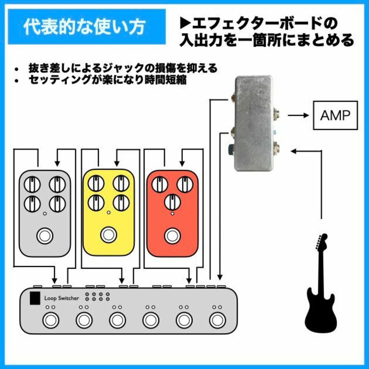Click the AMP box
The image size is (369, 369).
pos(335,115)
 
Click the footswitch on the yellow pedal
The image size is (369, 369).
pos(109,235)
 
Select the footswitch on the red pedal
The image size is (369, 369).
pos(172,236)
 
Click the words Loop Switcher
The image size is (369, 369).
pos(61,298)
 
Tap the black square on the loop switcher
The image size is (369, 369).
pos(35,298)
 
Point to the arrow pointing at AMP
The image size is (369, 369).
pos(298,115)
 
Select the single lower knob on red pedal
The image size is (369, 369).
pos(172,202)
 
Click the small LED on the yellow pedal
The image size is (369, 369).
pos(109,213)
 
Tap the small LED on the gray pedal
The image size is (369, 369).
pos(45,214)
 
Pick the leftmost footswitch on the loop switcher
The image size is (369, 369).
pos(51,320)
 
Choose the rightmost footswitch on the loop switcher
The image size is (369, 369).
pos(217,320)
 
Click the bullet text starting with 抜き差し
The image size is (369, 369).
pos(123,68)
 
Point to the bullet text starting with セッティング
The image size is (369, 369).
pos(108,80)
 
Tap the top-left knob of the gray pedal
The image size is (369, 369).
pos(32,184)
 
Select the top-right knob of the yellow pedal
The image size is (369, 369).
pos(121,183)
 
